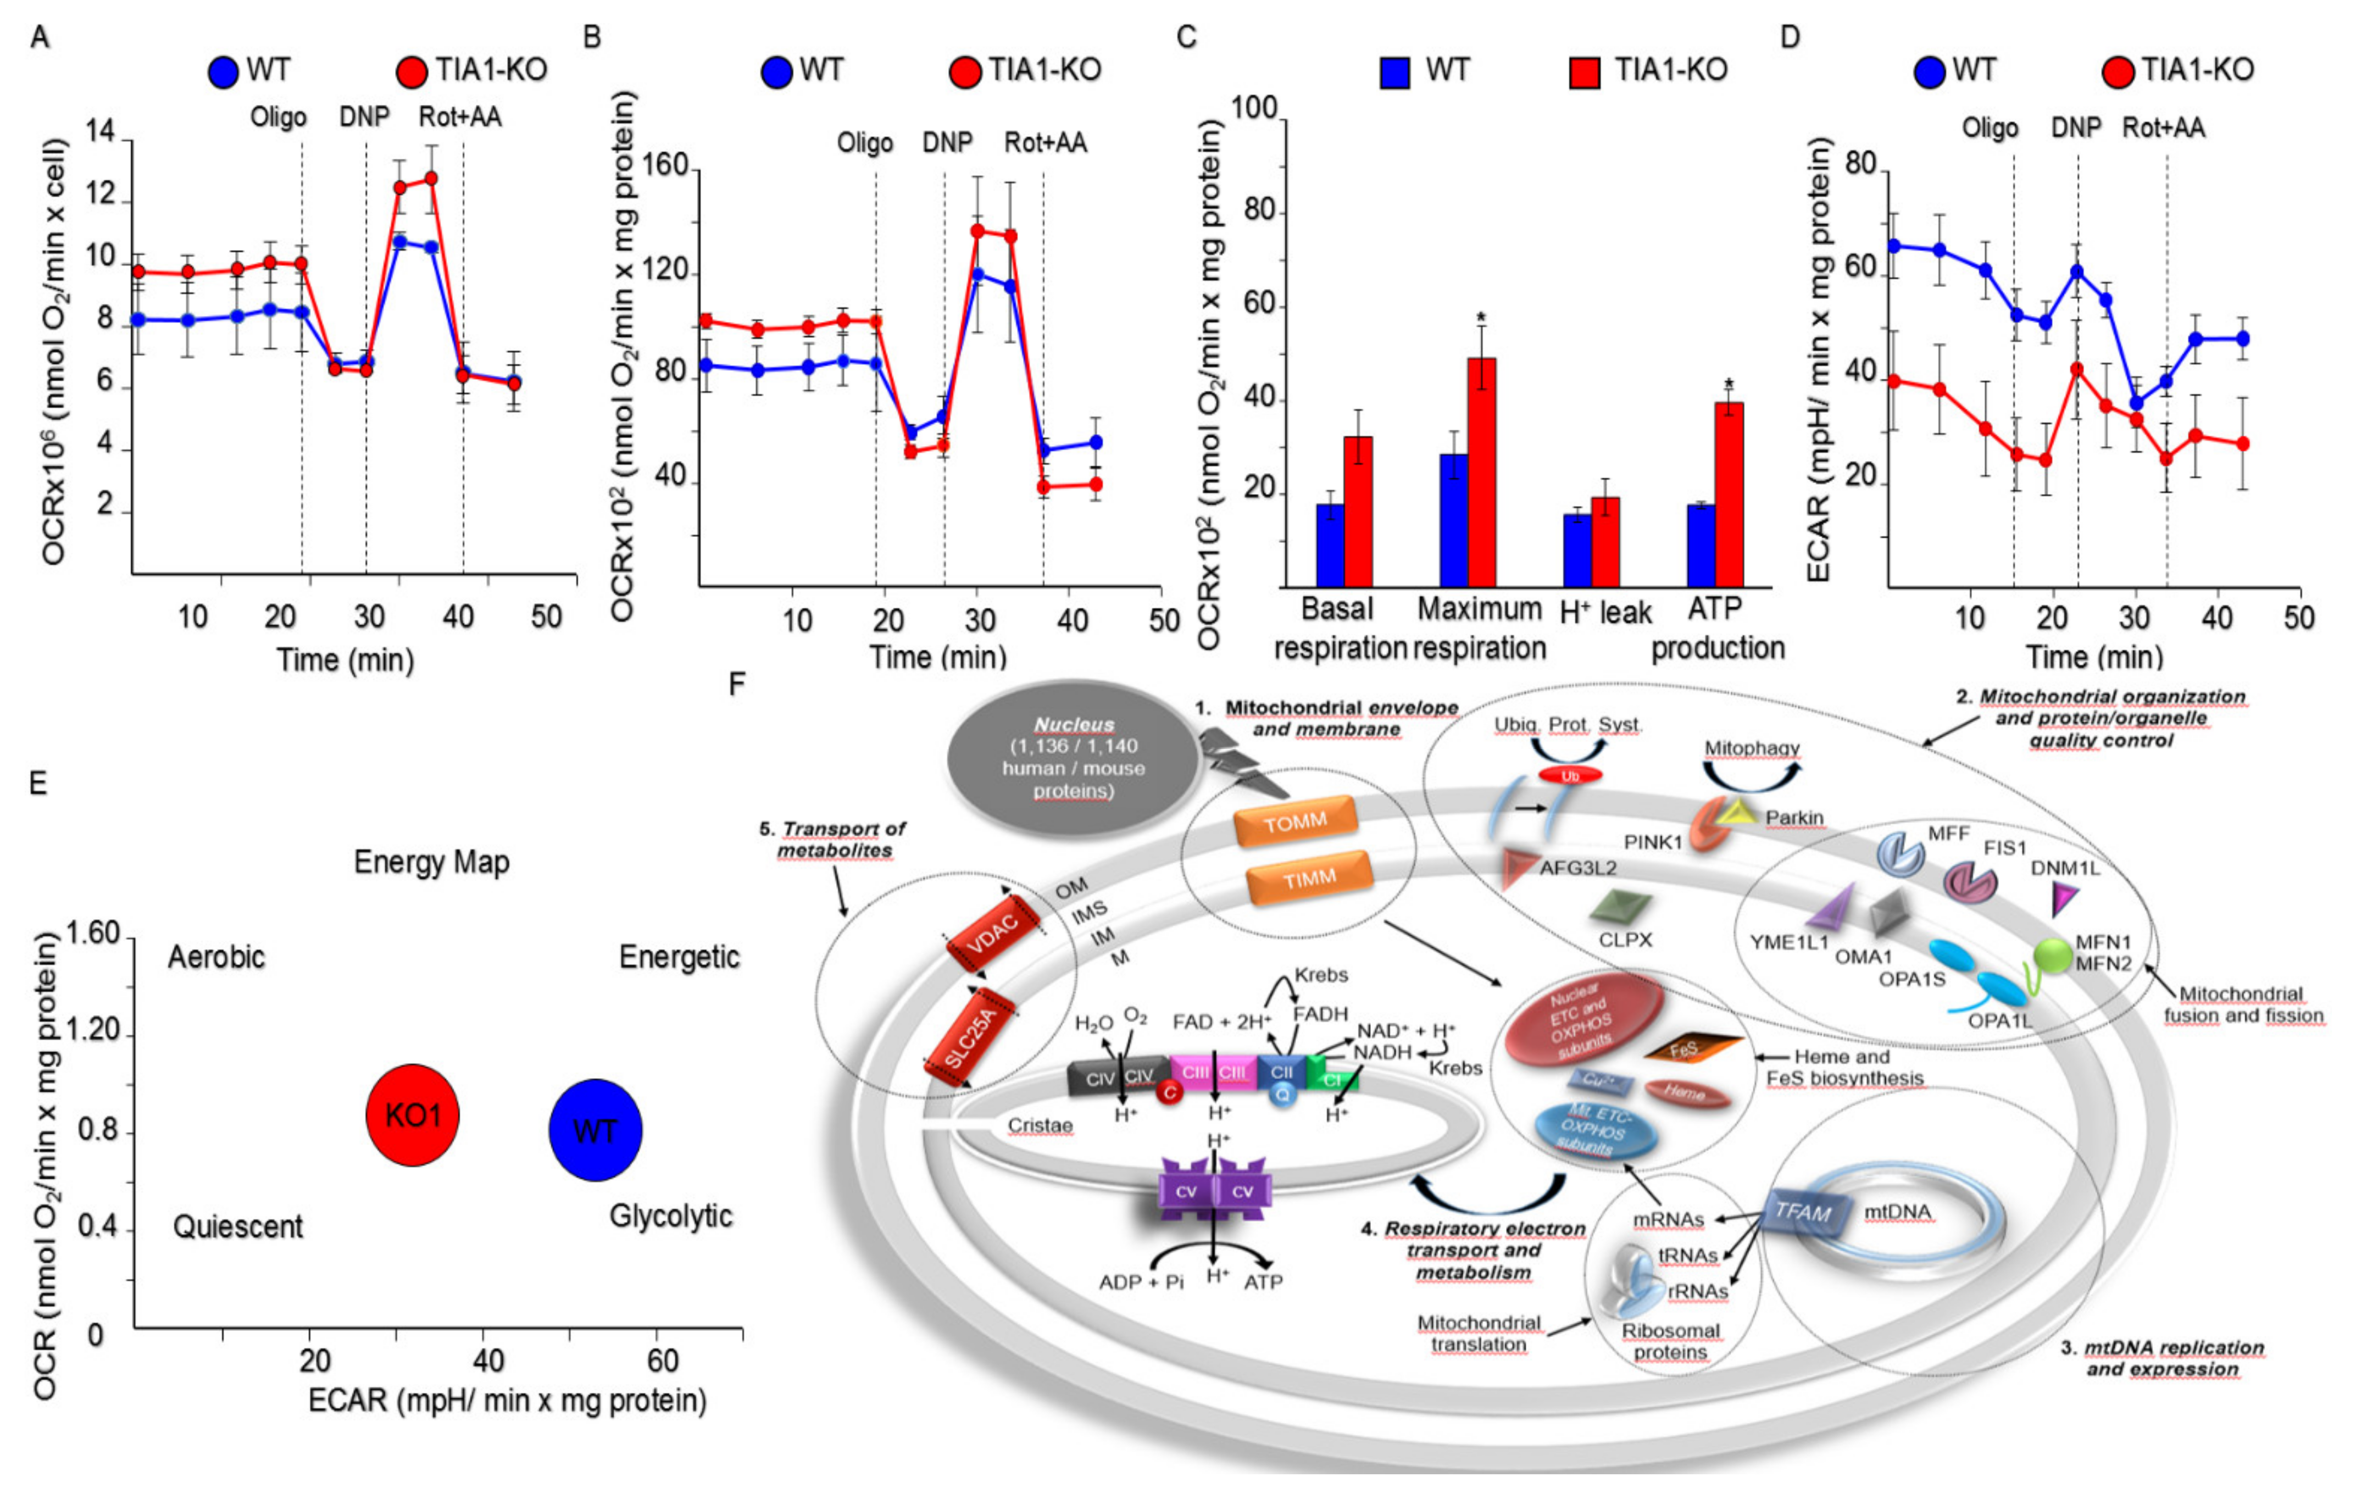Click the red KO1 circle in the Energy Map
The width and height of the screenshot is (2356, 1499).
(412, 1114)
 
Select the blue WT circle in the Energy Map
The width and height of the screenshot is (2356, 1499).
(595, 1130)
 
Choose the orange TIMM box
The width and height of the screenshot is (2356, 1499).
(1309, 879)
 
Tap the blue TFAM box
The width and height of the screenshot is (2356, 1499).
(1803, 1213)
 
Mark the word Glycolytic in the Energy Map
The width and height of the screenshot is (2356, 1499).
(670, 1215)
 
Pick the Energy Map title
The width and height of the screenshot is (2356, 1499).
(431, 862)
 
